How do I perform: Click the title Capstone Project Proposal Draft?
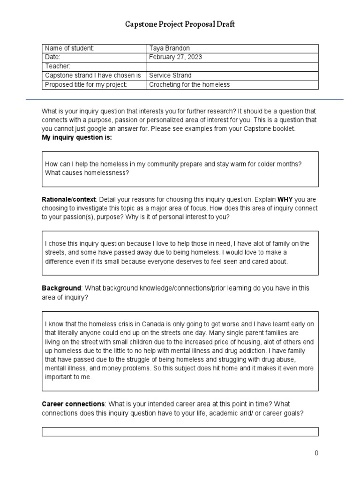click(x=180, y=24)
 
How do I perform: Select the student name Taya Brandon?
click(x=169, y=48)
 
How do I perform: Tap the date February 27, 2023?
click(x=175, y=57)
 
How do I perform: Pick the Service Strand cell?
click(x=170, y=75)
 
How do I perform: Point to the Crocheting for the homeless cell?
click(x=189, y=84)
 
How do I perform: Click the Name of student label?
click(x=69, y=48)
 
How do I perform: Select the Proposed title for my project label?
click(x=86, y=84)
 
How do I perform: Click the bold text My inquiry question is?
click(x=77, y=137)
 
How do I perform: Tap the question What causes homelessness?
click(x=87, y=172)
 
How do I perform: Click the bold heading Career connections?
click(x=73, y=404)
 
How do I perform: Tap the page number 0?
click(x=316, y=453)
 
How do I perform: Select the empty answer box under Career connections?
click(x=180, y=432)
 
